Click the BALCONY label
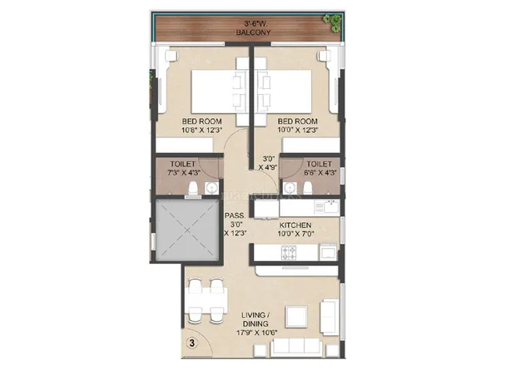[x=253, y=32]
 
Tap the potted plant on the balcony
[x=333, y=22]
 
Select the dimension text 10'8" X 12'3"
[x=201, y=130]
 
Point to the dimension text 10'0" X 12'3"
[x=298, y=130]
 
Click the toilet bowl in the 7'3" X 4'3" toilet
[x=193, y=189]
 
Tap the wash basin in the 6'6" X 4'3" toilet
[x=289, y=188]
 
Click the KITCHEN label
[x=295, y=225]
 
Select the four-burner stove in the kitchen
[x=289, y=252]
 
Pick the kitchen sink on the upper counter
[x=330, y=207]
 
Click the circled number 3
[x=192, y=343]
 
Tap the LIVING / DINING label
[x=256, y=319]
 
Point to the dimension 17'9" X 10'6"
[x=257, y=333]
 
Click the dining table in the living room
[x=206, y=301]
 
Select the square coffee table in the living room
[x=296, y=317]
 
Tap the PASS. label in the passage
[x=235, y=215]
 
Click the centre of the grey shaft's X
[x=186, y=230]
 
